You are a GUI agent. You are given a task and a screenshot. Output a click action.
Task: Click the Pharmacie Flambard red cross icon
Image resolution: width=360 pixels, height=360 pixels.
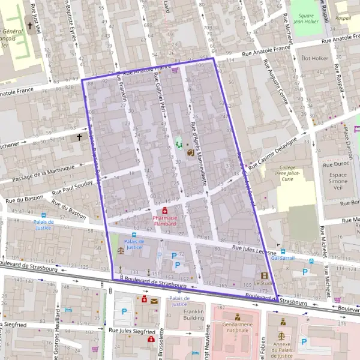(x=165, y=211)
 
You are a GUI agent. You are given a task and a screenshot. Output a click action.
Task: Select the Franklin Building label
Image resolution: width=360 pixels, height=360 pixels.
(x=194, y=316)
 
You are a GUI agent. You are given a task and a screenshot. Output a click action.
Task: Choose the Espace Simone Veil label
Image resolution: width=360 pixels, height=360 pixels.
(x=338, y=177)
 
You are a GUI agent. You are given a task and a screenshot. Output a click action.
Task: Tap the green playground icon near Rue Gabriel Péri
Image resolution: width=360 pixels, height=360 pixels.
(x=178, y=144)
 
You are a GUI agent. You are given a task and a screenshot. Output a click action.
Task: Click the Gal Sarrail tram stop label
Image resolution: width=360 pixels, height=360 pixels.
(x=283, y=258)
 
